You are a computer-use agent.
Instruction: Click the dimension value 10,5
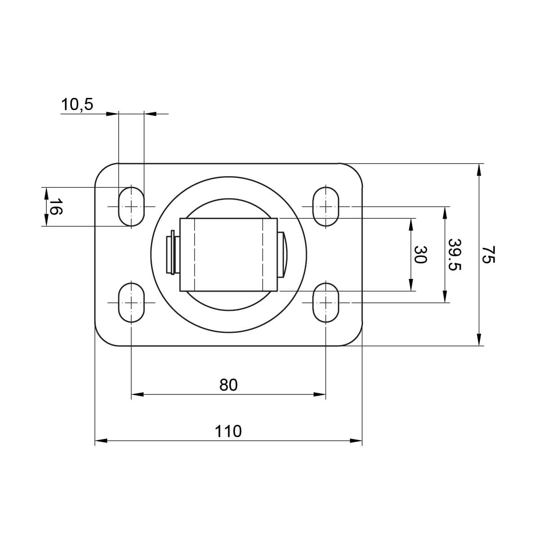pos(77,105)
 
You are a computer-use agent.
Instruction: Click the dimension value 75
pos(489,254)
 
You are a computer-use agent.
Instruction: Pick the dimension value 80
pos(228,385)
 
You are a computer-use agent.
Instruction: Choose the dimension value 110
pos(228,431)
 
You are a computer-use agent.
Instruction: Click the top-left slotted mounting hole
pos(131,206)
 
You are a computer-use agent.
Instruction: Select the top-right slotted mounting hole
pos(326,206)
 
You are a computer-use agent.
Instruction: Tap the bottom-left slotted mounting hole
pos(131,302)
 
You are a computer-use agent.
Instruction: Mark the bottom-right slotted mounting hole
pos(326,302)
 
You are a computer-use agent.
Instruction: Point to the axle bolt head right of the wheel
pos(283,254)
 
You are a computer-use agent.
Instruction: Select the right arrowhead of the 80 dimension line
pos(320,395)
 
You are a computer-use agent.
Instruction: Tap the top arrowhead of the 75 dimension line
pos(479,169)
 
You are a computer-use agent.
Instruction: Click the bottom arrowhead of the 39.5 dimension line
pos(445,297)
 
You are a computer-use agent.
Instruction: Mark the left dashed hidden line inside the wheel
pos(194,254)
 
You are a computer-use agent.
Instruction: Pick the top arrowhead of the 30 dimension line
pos(411,224)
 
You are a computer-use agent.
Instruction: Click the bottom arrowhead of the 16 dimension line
pos(46,221)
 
